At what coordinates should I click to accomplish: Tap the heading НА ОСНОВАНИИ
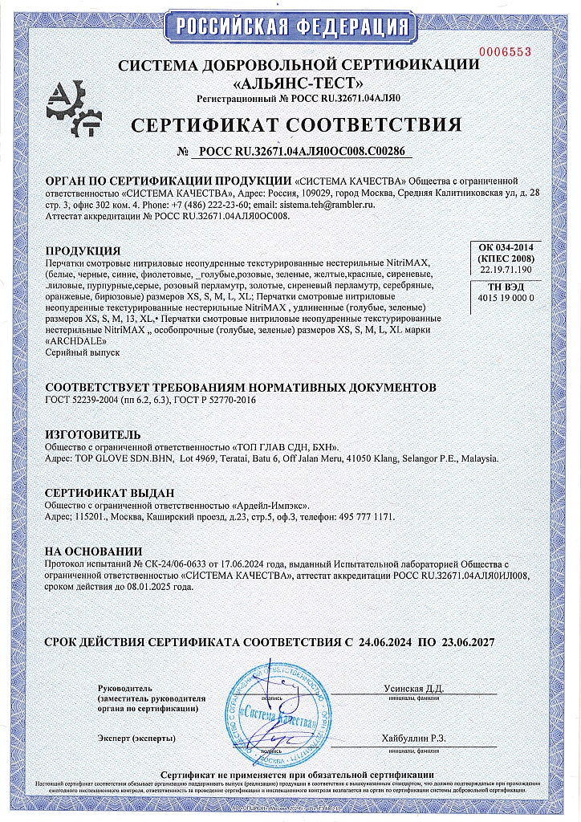click(x=93, y=551)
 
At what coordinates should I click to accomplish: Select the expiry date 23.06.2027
click(x=467, y=643)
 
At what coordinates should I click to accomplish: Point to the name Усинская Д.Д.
click(x=413, y=688)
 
